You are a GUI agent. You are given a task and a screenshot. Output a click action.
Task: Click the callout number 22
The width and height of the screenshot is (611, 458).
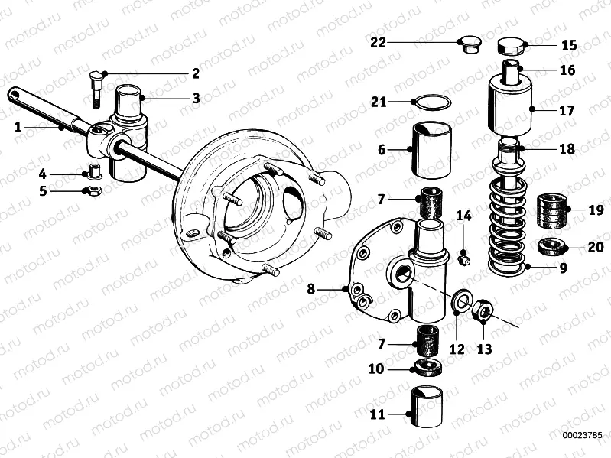coord(377,42)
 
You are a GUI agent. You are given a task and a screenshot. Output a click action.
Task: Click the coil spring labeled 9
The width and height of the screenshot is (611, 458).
coord(507,229)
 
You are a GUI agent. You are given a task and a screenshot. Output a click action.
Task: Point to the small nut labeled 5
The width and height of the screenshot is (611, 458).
coord(90,190)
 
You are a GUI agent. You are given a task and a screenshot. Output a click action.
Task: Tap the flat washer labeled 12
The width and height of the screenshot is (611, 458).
coord(462,302)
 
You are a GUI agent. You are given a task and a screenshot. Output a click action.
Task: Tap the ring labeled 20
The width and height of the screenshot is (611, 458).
coord(550,247)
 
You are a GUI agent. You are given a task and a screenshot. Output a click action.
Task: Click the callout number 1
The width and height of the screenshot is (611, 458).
coord(18,128)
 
